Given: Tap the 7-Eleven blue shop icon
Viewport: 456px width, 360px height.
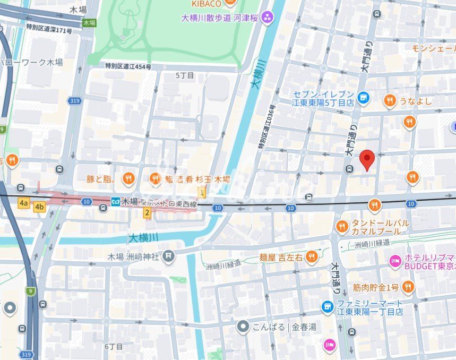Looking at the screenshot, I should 363,97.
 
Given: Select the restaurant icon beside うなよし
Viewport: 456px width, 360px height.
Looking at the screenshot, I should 390,101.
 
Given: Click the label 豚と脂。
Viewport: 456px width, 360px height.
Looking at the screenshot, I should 101,179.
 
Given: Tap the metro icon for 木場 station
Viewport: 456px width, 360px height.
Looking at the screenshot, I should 115,201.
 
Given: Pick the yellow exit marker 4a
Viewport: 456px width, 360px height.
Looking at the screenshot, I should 23,203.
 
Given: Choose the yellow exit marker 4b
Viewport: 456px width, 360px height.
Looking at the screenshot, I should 39,207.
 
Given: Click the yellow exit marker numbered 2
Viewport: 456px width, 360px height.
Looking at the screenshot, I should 148,212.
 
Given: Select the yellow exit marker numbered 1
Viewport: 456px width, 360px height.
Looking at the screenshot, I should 202,192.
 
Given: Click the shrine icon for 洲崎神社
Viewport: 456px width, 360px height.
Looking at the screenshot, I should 168,257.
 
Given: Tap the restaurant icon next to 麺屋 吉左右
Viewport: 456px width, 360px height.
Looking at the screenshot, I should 312,257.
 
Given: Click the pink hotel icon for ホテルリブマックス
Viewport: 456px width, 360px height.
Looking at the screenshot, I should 394,261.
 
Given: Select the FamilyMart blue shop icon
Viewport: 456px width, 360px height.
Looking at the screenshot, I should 328,306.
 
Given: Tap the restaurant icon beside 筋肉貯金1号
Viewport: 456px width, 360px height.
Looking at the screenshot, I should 408,288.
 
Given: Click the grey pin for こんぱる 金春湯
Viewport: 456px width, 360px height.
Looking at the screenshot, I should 243,327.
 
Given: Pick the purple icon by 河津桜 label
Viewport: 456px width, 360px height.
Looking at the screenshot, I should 267,18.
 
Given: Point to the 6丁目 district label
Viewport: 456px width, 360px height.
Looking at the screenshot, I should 114,346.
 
